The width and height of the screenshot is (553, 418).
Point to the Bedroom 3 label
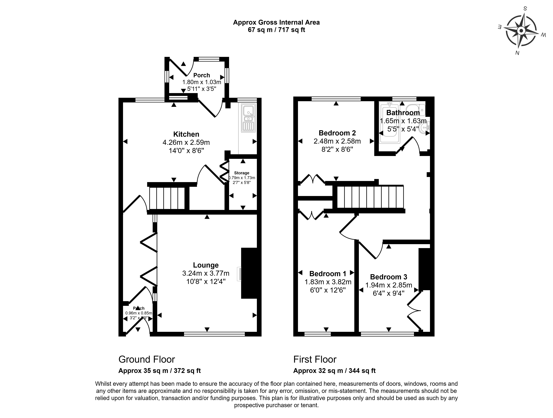(x=389, y=277)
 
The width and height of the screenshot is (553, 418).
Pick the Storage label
(x=241, y=173)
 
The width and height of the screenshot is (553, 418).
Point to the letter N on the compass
(x=517, y=53)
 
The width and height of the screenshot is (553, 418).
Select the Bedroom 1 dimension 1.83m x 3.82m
(x=328, y=282)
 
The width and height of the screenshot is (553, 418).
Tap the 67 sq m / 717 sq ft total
(x=276, y=30)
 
